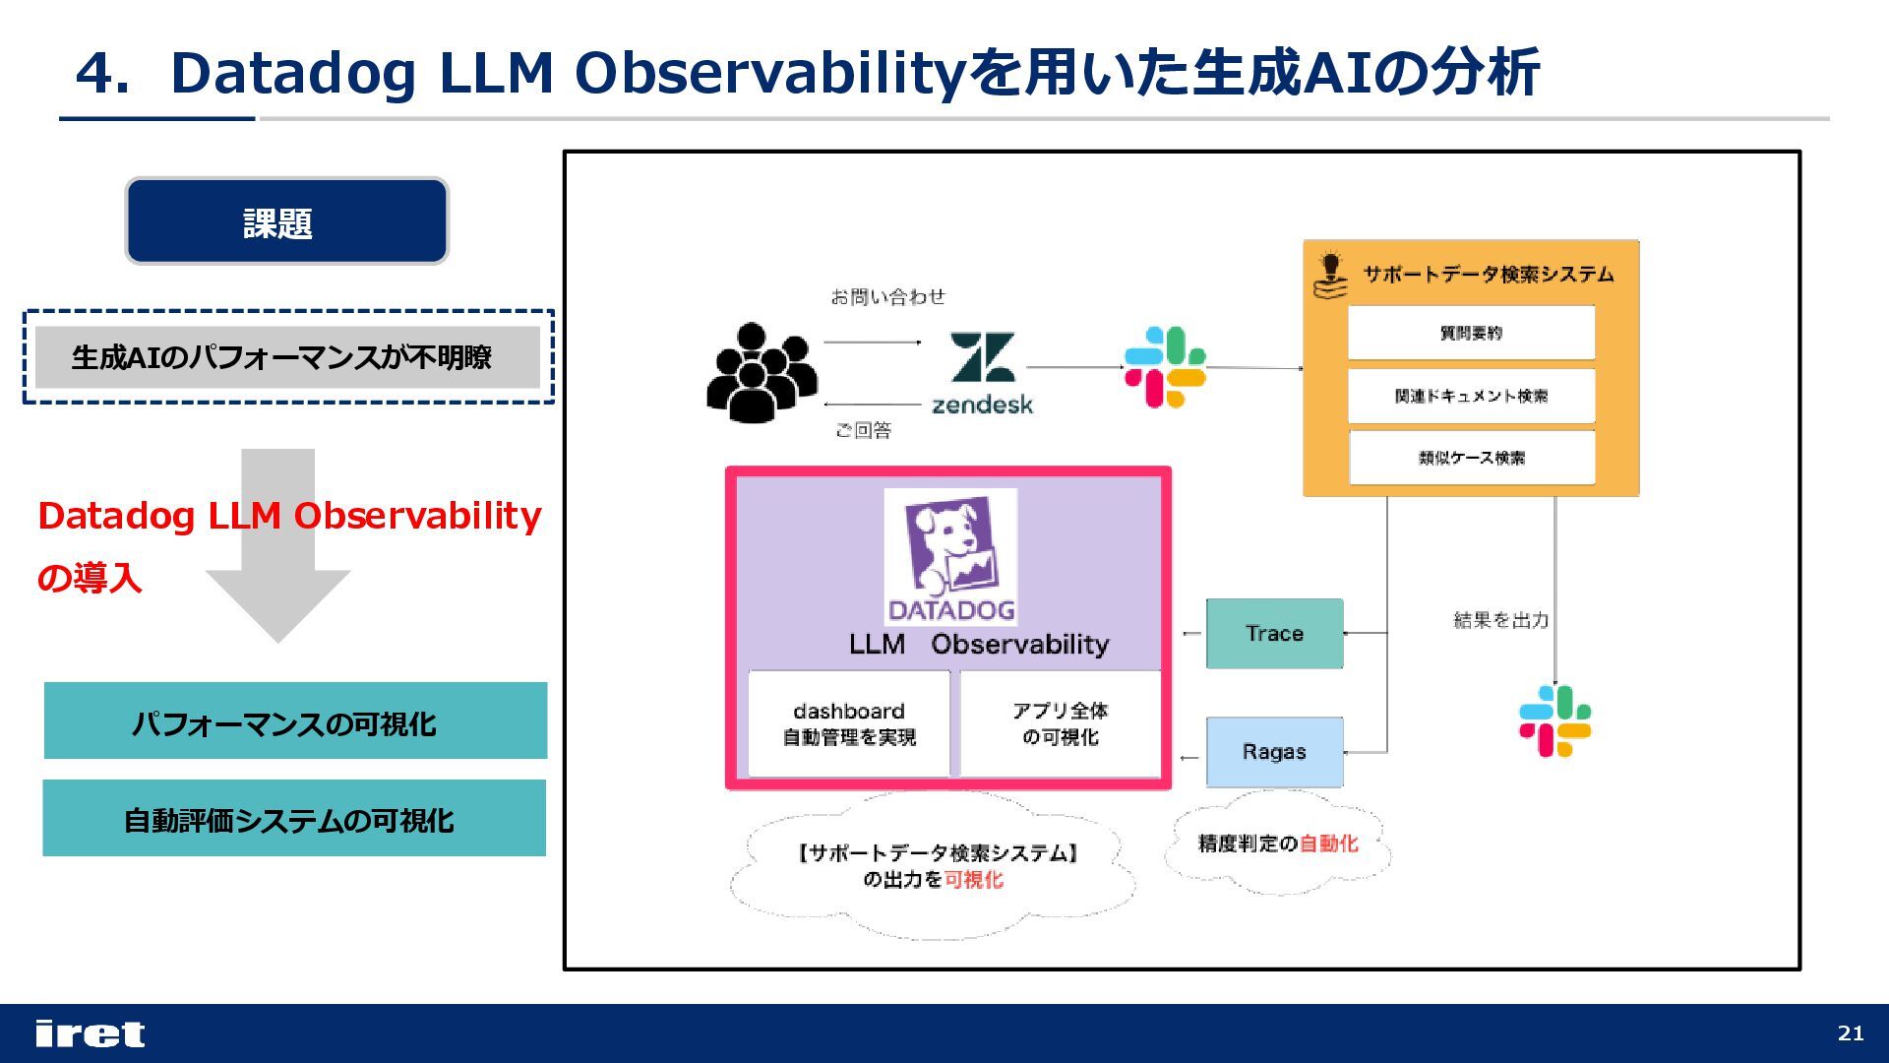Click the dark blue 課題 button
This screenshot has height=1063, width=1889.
286,221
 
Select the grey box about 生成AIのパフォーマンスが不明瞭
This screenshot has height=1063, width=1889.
286,356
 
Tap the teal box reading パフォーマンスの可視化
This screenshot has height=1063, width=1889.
295,720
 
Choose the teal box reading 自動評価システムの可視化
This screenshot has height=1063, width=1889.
293,818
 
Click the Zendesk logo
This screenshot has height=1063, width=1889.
982,373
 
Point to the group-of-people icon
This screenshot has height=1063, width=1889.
761,372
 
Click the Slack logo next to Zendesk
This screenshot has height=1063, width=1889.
1165,367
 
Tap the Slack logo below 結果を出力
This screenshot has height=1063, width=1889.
1554,720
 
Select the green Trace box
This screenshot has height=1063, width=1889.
1274,633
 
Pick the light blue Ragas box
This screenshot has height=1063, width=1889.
1274,751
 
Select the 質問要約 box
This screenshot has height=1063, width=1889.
1471,333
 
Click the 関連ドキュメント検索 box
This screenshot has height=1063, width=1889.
1471,396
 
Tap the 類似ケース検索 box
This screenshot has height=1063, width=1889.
1471,458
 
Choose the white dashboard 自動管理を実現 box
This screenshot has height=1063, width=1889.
849,723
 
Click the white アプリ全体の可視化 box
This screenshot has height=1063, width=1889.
1060,723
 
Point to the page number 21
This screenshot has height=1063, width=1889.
1850,1032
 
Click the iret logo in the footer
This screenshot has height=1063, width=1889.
90,1033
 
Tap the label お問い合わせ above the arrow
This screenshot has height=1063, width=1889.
887,296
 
